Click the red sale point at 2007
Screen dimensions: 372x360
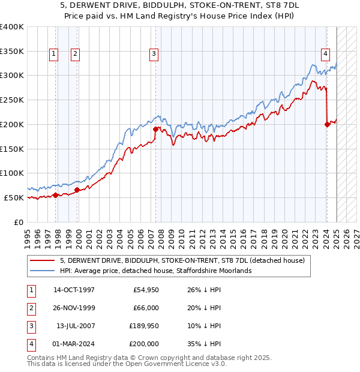(155, 129)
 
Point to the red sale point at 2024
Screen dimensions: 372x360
(327, 124)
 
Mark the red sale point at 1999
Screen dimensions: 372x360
(77, 190)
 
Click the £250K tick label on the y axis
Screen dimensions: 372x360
(12, 100)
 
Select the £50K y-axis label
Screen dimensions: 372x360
(14, 197)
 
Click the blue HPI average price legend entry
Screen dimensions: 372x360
(155, 271)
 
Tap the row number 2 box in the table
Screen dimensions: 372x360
(31, 308)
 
